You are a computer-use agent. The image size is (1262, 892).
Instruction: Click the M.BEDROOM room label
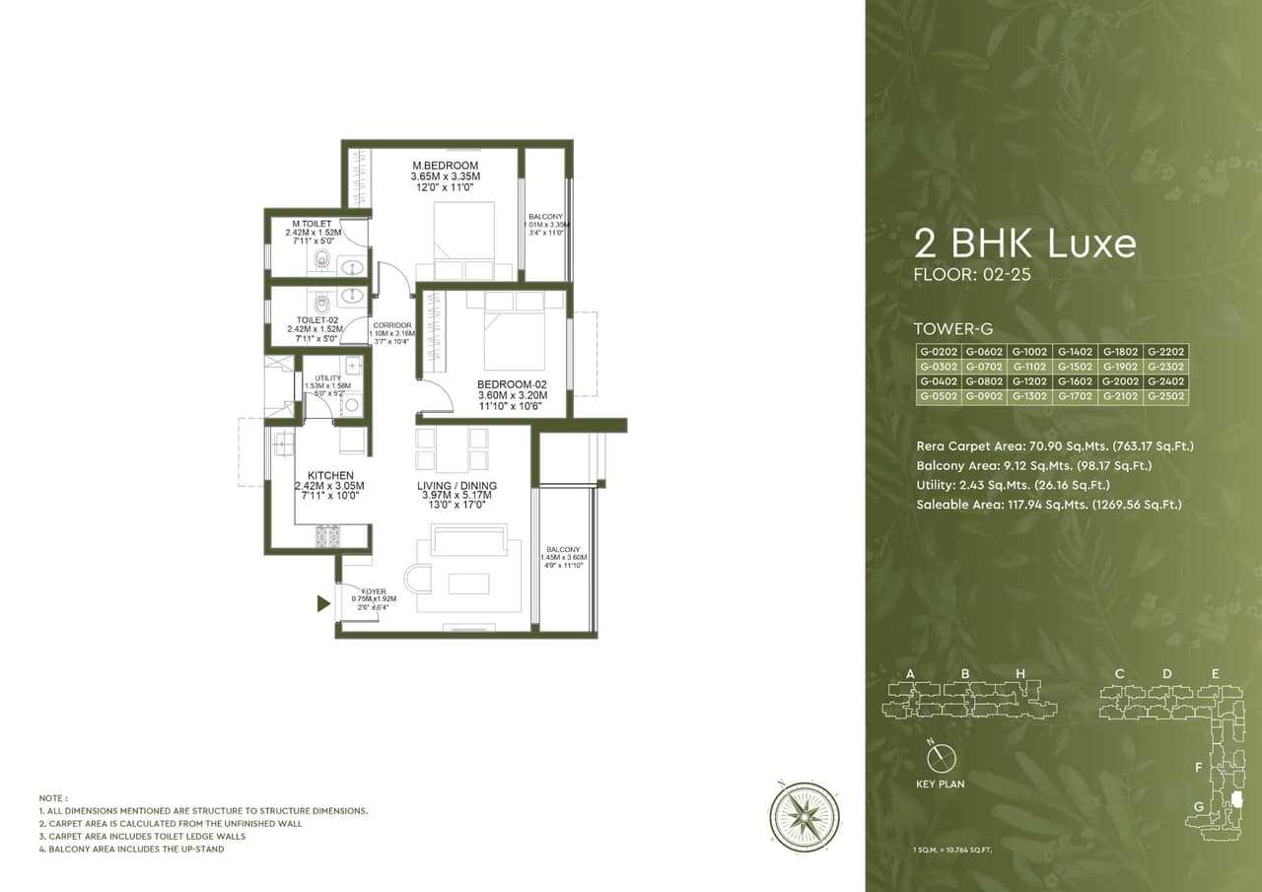click(x=445, y=165)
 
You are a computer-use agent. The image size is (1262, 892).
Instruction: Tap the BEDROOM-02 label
click(x=511, y=384)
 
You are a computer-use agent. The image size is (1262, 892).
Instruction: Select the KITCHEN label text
click(x=329, y=475)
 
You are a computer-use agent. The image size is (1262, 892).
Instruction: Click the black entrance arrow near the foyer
click(x=323, y=603)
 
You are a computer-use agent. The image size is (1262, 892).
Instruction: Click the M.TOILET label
click(x=311, y=224)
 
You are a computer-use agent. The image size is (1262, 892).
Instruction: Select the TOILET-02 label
click(x=317, y=319)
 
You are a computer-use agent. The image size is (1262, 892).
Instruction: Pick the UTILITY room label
click(x=328, y=378)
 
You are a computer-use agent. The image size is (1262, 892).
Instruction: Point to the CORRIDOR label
click(x=391, y=325)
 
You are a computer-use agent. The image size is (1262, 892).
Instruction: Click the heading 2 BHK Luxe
click(x=1024, y=242)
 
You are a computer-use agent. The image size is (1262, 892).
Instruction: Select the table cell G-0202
click(x=938, y=351)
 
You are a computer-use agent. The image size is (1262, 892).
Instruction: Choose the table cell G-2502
click(x=1165, y=396)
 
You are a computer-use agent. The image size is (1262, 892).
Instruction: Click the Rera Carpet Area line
click(x=1054, y=446)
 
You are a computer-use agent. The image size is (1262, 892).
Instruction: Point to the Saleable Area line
click(x=1048, y=505)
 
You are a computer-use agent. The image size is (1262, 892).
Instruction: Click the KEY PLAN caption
click(x=941, y=785)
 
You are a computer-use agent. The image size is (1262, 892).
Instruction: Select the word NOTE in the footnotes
click(x=53, y=797)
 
